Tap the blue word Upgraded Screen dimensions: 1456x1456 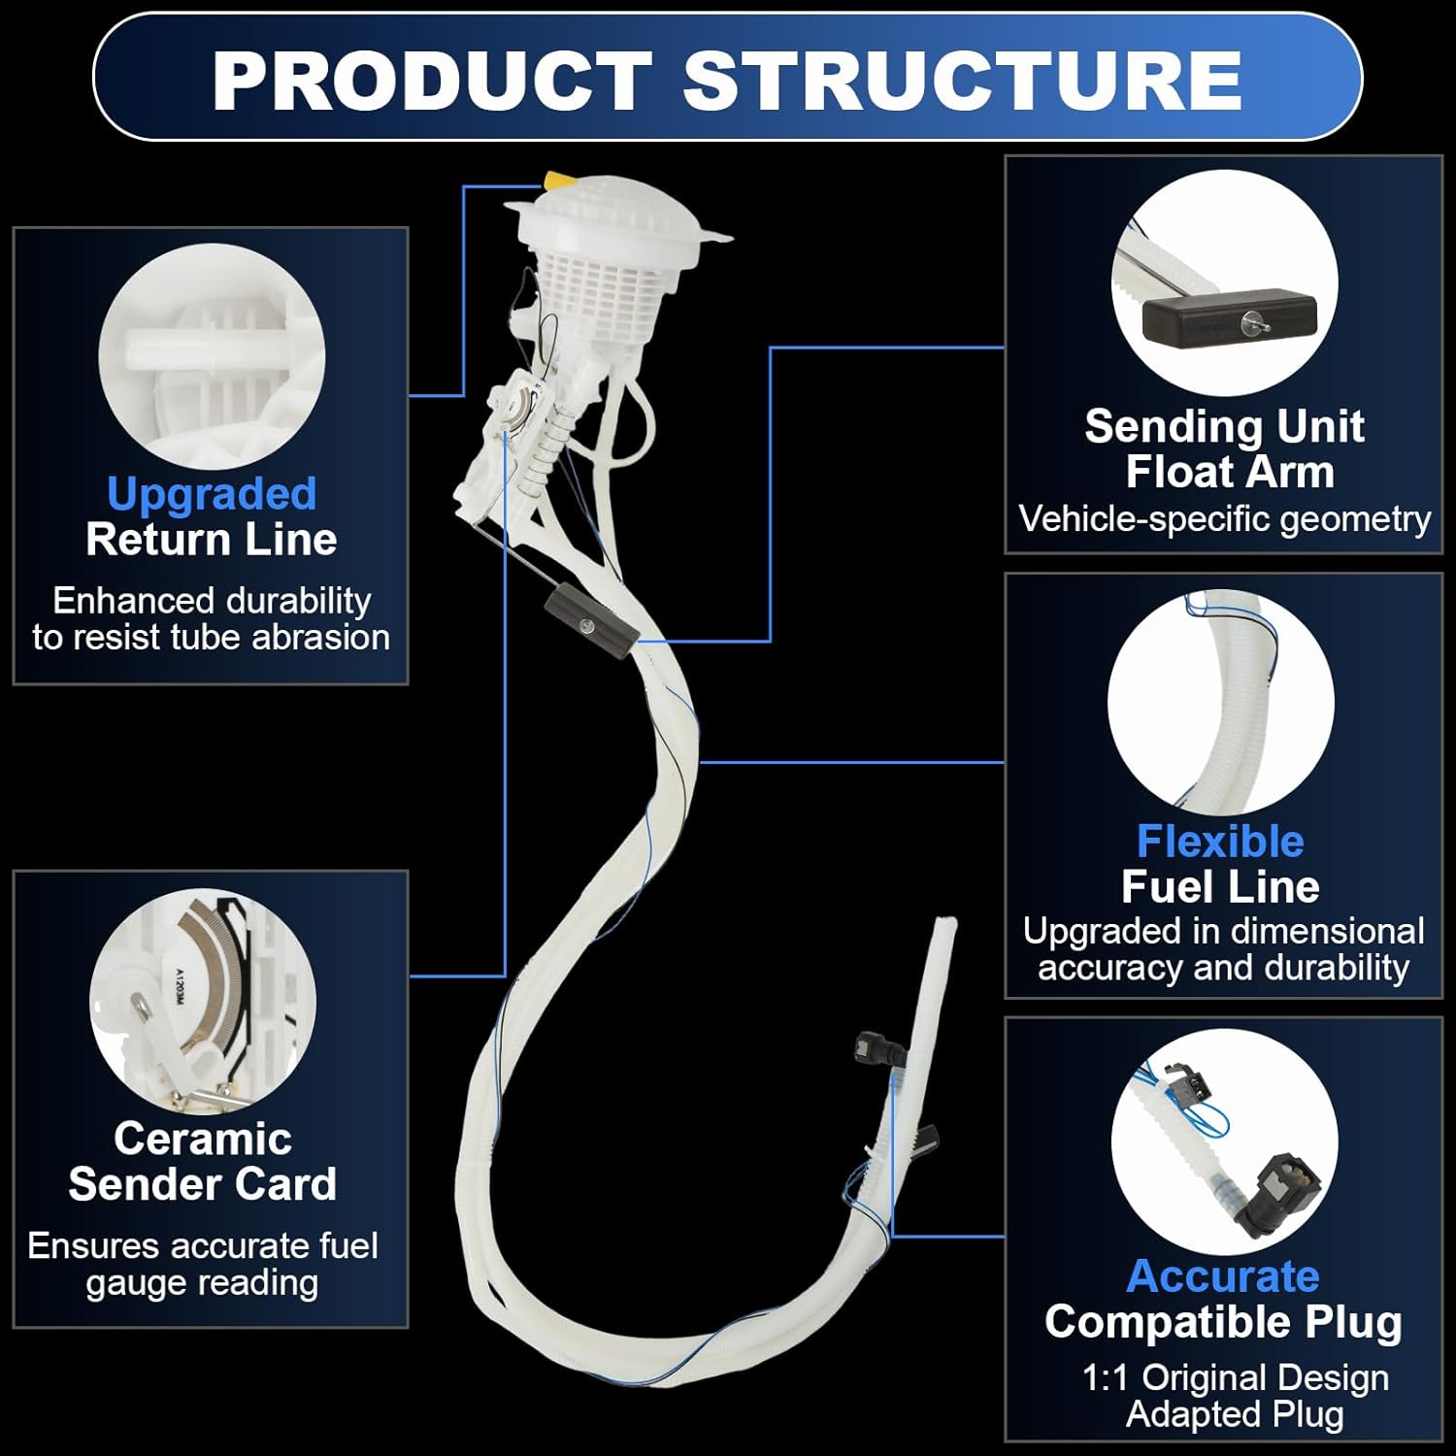click(x=212, y=493)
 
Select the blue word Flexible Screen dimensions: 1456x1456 click(x=1220, y=841)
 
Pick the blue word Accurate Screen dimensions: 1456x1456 click(x=1223, y=1275)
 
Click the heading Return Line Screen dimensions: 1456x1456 click(x=212, y=540)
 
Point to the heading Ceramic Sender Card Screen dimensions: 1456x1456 click(x=202, y=1161)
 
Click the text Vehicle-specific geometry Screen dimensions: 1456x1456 click(x=1224, y=519)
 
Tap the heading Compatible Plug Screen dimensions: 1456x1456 click(x=1223, y=1322)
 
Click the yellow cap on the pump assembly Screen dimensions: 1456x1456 click(x=560, y=181)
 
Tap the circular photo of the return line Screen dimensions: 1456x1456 click(x=212, y=356)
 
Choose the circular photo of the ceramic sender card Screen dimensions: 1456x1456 click(x=202, y=1001)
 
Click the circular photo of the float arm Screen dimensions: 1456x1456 click(x=1224, y=282)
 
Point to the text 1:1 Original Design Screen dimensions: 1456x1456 click(x=1235, y=1377)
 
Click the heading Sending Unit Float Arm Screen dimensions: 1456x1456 click(x=1224, y=448)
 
